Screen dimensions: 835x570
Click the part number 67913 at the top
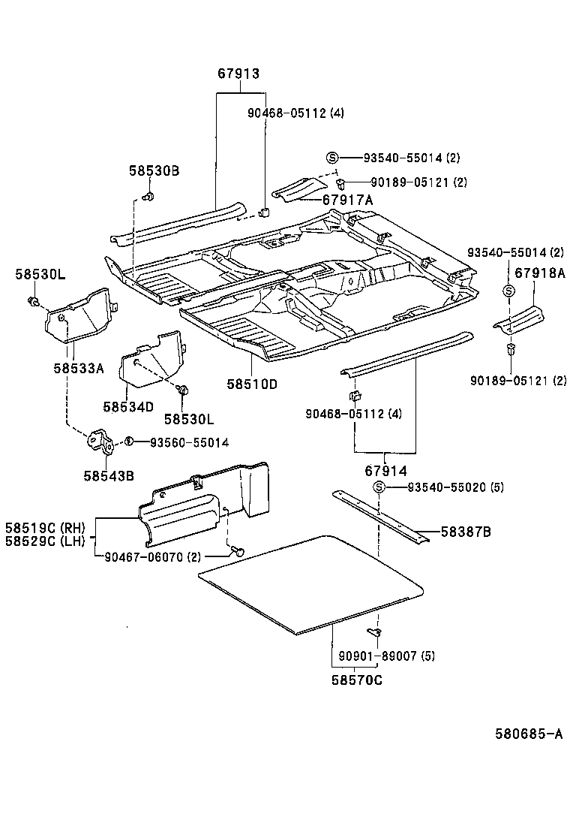pyautogui.click(x=238, y=74)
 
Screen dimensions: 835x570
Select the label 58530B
pyautogui.click(x=153, y=171)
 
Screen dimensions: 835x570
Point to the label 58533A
pyautogui.click(x=78, y=368)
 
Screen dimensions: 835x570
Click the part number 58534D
pyautogui.click(x=128, y=406)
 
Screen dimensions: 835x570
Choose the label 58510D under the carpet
pyautogui.click(x=252, y=384)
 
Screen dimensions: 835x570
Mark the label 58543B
pyautogui.click(x=109, y=475)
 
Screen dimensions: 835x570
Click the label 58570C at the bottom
pyautogui.click(x=357, y=680)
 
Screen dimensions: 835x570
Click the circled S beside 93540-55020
pyautogui.click(x=379, y=488)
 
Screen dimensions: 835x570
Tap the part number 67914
pyautogui.click(x=385, y=471)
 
